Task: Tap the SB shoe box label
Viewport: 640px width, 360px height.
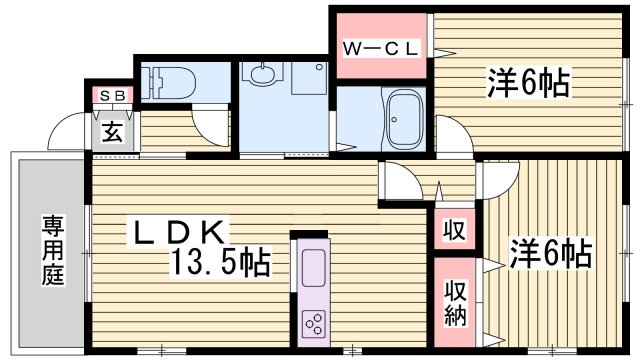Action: (111, 95)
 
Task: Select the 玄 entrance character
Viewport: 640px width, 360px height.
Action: (112, 131)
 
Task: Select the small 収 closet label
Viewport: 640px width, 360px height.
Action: (454, 231)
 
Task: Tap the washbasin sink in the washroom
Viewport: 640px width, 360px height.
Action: (264, 75)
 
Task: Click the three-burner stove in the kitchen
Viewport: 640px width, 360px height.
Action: (313, 323)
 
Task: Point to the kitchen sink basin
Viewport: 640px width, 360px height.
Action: (313, 267)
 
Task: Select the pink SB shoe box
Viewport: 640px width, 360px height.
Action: (111, 95)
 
